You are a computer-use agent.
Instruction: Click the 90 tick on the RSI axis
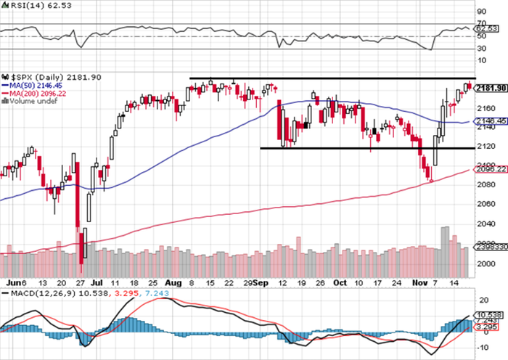pyautogui.click(x=481, y=12)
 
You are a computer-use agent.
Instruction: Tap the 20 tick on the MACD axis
pyautogui.click(x=481, y=299)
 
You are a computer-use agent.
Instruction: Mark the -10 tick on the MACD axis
pyautogui.click(x=482, y=346)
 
